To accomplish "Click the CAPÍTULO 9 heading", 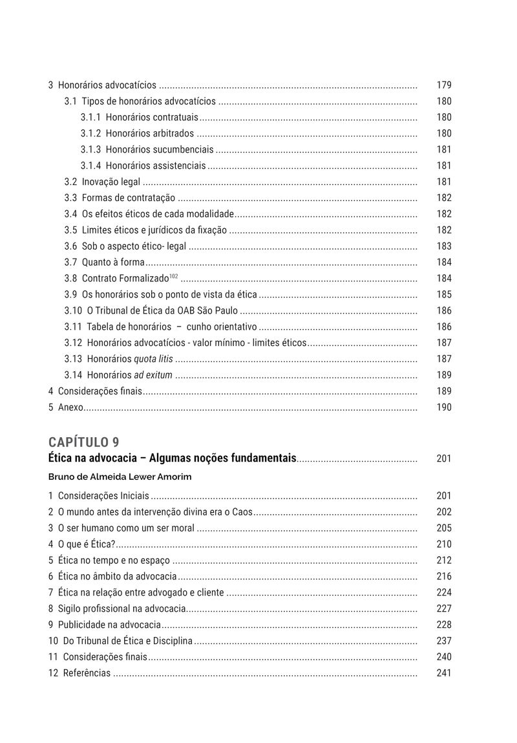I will click(x=83, y=442).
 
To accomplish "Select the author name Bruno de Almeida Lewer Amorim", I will click(x=120, y=477).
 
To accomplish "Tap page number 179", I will click(x=444, y=85).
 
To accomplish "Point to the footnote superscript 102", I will click(x=173, y=276).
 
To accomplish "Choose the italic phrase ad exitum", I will click(x=153, y=375).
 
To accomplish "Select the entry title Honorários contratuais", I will click(x=152, y=117).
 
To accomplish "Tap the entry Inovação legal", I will click(x=111, y=182).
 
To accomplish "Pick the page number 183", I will click(x=444, y=246).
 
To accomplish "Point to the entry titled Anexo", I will click(x=70, y=407).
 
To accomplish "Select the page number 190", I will click(x=444, y=407).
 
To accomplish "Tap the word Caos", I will click(x=241, y=512).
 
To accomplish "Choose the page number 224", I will click(x=444, y=592).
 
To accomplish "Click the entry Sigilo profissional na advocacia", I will click(x=121, y=608).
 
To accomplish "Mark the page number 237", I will click(x=444, y=641).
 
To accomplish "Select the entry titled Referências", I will click(x=87, y=673).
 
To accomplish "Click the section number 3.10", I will click(x=73, y=310).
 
